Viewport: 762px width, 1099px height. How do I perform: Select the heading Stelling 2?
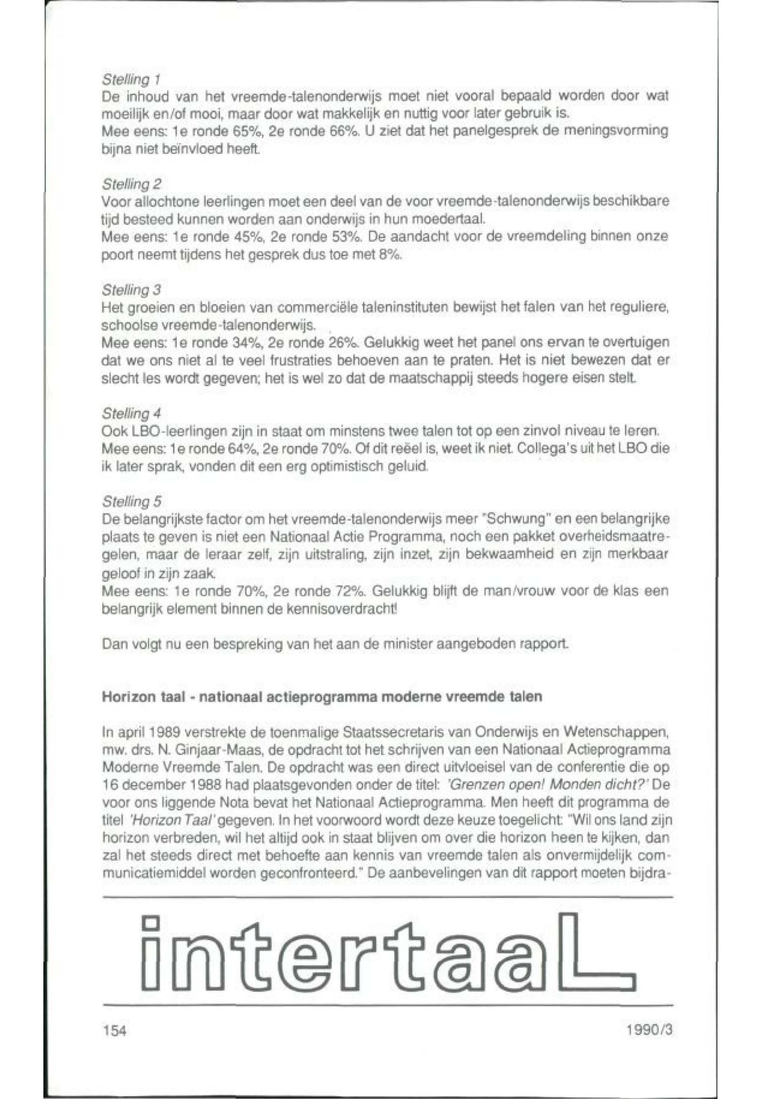click(132, 184)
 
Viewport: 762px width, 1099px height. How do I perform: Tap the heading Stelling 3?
click(132, 290)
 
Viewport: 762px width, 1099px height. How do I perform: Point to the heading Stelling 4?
click(132, 413)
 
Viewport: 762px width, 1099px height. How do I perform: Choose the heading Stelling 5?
click(132, 502)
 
